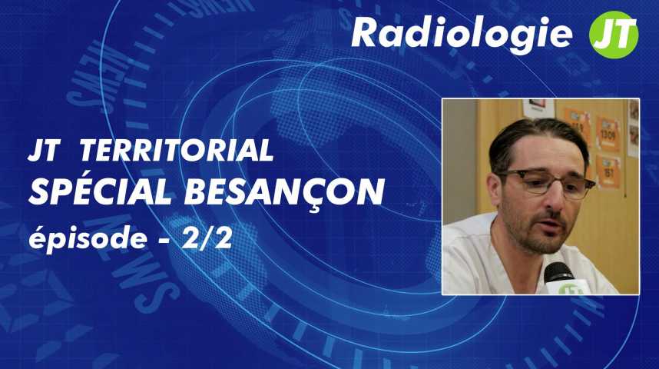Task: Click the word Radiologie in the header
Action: pos(462,34)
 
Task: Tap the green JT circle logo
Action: pos(614,35)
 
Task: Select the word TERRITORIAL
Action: pos(177,151)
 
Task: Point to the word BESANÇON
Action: pos(284,194)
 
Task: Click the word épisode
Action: pos(88,239)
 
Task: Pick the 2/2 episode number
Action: pos(207,238)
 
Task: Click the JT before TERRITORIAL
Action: pos(43,151)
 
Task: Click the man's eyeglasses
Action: pos(545,181)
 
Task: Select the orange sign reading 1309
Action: pos(608,135)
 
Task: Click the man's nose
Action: pos(555,197)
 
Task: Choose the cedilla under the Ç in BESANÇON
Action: pos(314,209)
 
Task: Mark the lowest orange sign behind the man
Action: pos(608,172)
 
